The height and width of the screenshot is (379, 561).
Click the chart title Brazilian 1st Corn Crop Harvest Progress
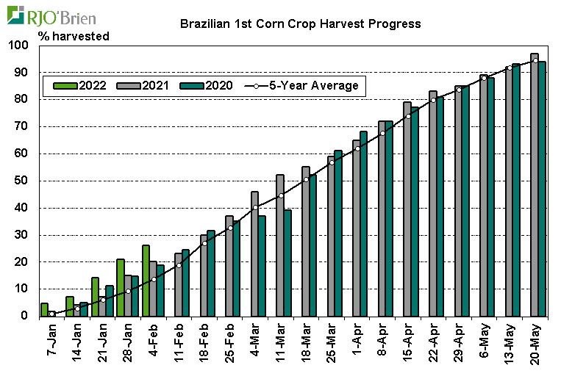coord(301,24)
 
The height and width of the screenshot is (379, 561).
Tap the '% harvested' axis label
coord(79,35)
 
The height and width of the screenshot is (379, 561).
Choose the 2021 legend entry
coord(144,85)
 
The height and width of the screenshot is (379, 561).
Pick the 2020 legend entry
coord(207,85)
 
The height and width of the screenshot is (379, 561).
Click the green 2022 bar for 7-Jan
coord(44,309)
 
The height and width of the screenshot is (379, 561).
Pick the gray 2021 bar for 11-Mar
coord(280,245)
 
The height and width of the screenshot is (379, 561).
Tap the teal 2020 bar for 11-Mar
coord(287,263)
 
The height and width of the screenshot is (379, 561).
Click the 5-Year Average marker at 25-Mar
coord(332,162)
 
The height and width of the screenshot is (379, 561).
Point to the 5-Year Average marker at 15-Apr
coord(408,116)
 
